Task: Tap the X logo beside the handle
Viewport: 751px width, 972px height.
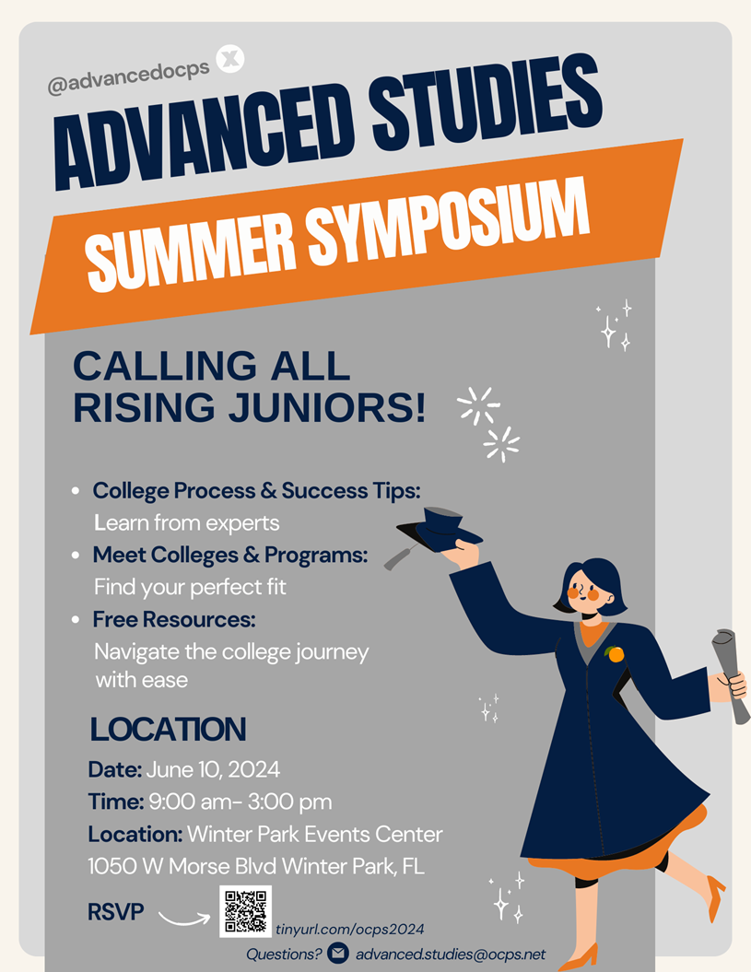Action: click(x=230, y=59)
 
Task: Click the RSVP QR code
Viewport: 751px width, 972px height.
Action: click(x=245, y=911)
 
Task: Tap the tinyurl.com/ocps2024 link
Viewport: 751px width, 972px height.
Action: click(x=350, y=931)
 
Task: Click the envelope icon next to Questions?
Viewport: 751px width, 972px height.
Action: click(x=338, y=954)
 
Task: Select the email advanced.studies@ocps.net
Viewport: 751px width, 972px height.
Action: click(x=451, y=954)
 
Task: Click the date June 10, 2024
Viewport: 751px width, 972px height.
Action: click(x=212, y=768)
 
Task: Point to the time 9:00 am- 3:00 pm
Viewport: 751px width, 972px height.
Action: click(x=238, y=802)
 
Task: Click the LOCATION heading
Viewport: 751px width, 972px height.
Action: click(x=168, y=730)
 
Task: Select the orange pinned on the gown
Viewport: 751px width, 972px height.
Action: click(x=615, y=654)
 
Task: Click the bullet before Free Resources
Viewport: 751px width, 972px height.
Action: click(x=75, y=620)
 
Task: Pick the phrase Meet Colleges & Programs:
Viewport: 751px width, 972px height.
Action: click(x=230, y=556)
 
